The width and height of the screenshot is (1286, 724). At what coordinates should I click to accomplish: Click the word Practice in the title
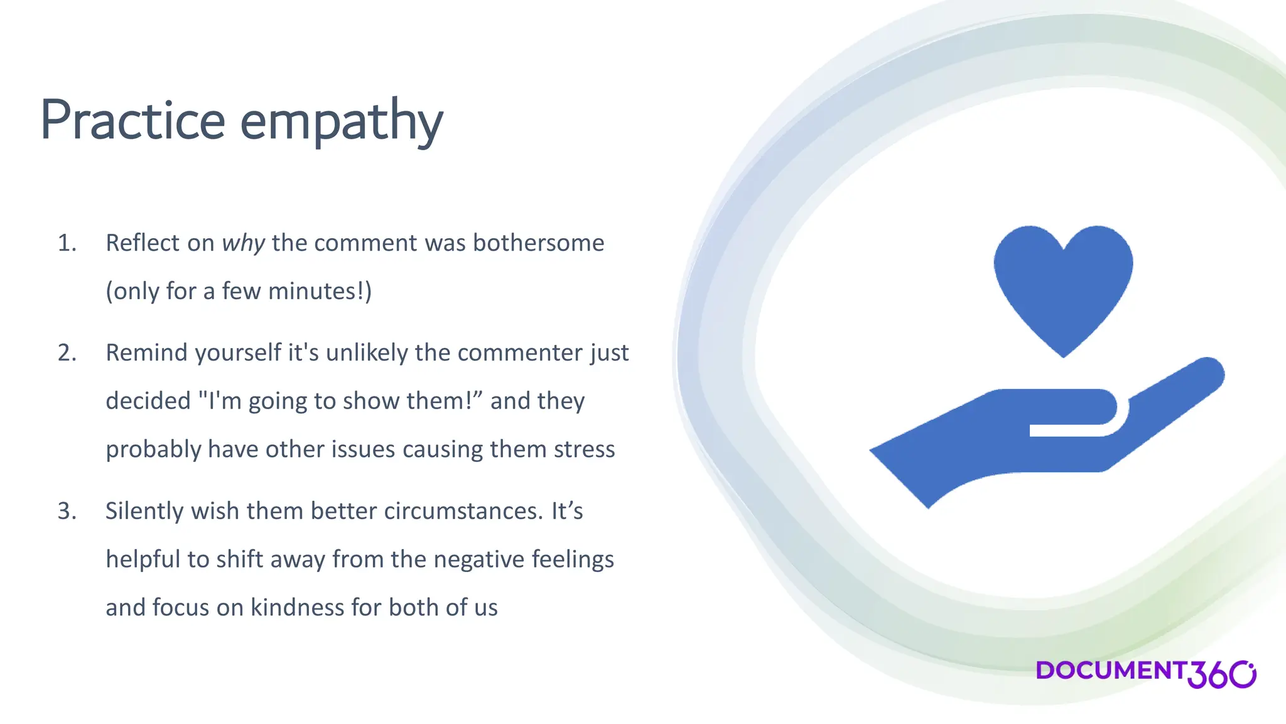point(132,120)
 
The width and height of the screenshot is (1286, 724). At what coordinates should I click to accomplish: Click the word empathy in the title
point(342,123)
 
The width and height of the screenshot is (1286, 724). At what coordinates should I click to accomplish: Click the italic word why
point(244,243)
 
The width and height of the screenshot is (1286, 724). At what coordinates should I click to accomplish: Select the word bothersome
point(538,243)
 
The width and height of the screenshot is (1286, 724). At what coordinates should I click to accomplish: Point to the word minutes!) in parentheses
point(320,292)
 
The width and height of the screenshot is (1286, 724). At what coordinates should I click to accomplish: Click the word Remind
point(146,353)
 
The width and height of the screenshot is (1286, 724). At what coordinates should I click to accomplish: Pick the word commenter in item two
point(521,353)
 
